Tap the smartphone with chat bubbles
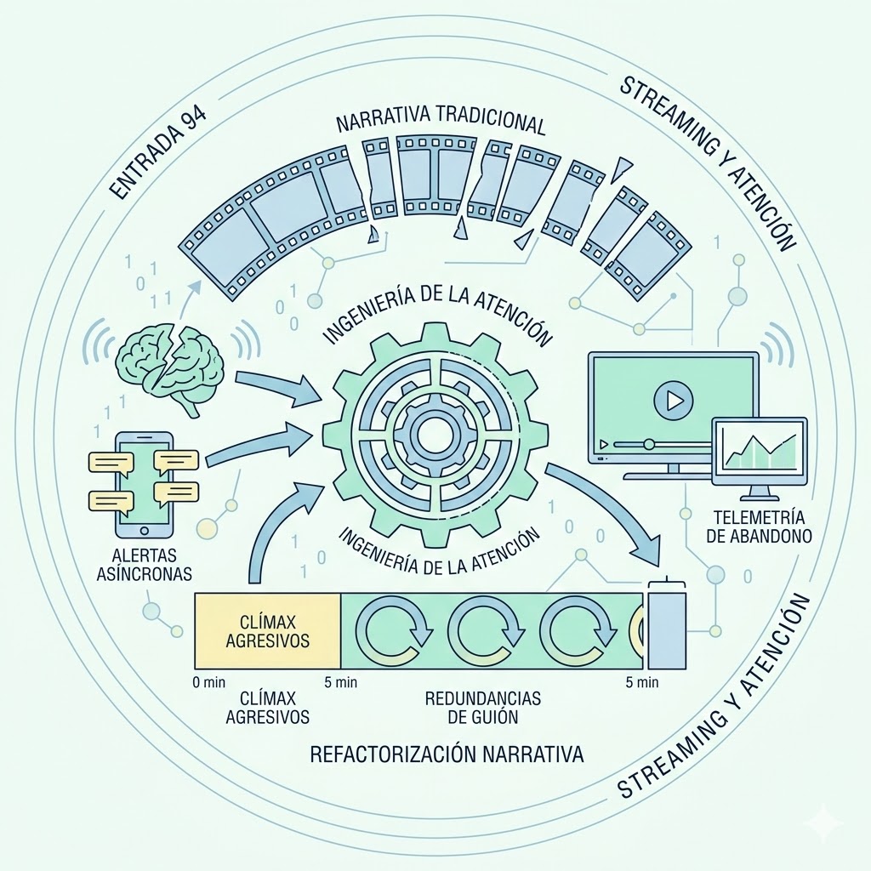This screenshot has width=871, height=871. coord(144,484)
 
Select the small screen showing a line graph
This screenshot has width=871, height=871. coord(759,450)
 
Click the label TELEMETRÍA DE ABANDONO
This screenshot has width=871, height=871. coord(758,526)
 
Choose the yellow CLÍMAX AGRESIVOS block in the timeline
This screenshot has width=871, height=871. coord(268,630)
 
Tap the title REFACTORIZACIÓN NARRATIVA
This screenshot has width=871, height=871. coord(447,754)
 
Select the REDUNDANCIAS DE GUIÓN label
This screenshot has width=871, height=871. coord(483,707)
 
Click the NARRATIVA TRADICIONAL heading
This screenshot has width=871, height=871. coord(440,122)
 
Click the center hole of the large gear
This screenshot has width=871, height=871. coord(431,435)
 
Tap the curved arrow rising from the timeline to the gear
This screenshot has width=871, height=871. coord(272,527)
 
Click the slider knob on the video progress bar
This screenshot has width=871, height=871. coord(649,443)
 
